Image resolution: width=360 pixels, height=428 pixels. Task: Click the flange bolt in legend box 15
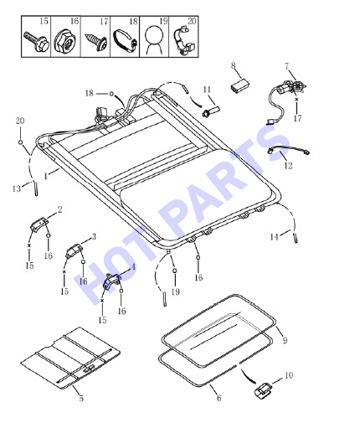[x=36, y=42]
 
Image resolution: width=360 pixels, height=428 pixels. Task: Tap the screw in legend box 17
[x=96, y=42]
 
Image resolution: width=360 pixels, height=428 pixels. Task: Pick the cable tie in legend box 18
[x=126, y=41]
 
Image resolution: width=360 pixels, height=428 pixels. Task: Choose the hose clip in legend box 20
[x=183, y=41]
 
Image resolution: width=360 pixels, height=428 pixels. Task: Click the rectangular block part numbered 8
[x=239, y=85]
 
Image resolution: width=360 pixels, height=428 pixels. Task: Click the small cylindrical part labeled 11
[x=211, y=111]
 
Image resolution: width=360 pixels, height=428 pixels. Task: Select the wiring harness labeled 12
[x=288, y=151]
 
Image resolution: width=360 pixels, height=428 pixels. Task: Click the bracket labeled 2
[x=39, y=224]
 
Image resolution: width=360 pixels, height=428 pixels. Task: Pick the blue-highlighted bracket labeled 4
[x=111, y=282]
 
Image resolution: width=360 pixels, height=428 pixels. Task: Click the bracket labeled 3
[x=74, y=250]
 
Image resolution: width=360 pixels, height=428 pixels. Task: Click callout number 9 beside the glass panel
[x=285, y=341]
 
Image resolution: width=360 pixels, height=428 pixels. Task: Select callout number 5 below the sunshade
[x=81, y=398]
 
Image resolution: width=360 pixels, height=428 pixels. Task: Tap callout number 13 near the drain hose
[x=17, y=188]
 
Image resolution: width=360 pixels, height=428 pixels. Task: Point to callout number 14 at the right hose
[x=275, y=237]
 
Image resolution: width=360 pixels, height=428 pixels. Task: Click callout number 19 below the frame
[x=175, y=292]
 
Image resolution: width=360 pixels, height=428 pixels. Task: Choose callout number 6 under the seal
[x=219, y=398]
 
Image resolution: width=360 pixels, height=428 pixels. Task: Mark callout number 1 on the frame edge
[x=46, y=176]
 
